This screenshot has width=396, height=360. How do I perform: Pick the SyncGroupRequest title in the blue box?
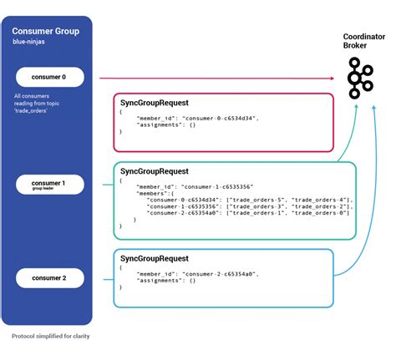click(154, 260)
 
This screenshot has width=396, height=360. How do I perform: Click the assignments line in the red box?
click(162, 124)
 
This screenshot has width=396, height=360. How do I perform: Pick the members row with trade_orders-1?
click(247, 213)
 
